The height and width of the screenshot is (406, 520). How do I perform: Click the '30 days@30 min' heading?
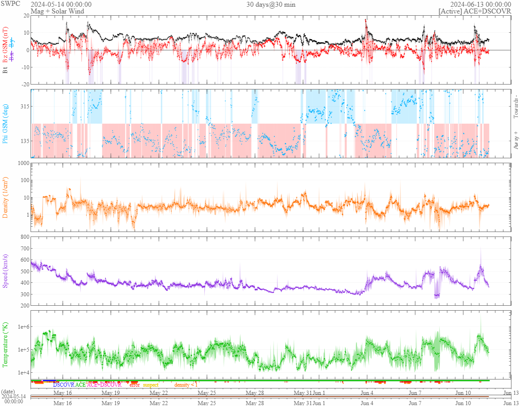(271, 4)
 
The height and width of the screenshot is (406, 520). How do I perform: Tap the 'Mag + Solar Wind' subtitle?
(53, 11)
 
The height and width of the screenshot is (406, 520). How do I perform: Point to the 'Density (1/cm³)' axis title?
(5, 198)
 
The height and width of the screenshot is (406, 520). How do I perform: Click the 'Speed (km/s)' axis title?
(5, 271)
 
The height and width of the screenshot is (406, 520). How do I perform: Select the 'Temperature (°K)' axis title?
(5, 345)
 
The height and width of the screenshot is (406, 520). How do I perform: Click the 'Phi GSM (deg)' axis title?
(5, 123)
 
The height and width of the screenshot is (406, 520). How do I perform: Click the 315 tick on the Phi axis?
(24, 107)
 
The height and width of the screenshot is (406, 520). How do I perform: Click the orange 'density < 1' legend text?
(186, 385)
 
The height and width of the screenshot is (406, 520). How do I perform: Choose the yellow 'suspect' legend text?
(150, 385)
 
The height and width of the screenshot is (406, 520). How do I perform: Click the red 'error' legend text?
(134, 385)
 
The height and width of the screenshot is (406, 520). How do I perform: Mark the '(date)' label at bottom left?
(9, 392)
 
